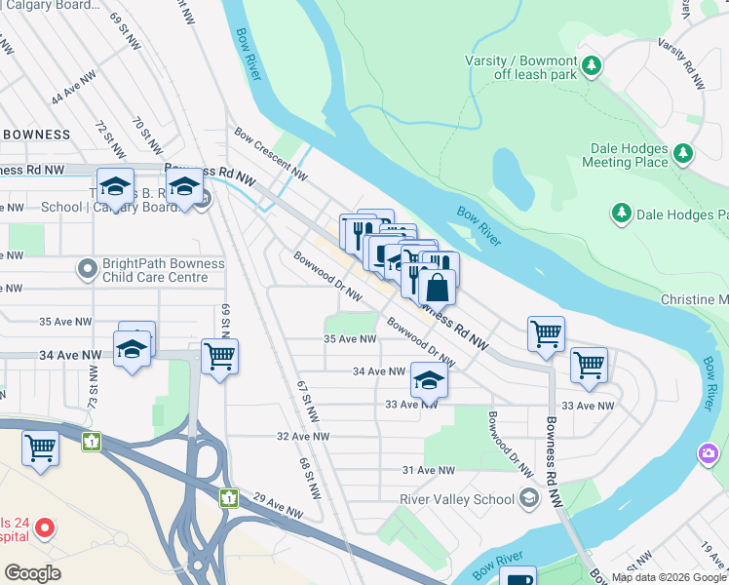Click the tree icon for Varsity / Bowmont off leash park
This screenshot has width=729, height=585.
click(592, 66)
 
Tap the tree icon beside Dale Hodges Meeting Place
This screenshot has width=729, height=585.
click(683, 153)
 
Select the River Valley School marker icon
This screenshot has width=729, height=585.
click(528, 498)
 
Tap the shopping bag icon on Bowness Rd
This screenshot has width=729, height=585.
click(438, 288)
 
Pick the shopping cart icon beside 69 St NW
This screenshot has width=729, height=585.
click(220, 357)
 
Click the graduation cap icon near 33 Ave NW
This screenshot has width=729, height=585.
click(427, 380)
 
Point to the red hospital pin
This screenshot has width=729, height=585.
click(44, 528)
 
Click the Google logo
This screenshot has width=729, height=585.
click(32, 572)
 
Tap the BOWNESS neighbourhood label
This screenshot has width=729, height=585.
click(36, 134)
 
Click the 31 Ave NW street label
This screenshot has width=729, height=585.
click(429, 470)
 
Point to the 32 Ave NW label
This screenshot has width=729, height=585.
click(303, 436)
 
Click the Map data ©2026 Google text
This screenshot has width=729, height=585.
click(667, 577)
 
